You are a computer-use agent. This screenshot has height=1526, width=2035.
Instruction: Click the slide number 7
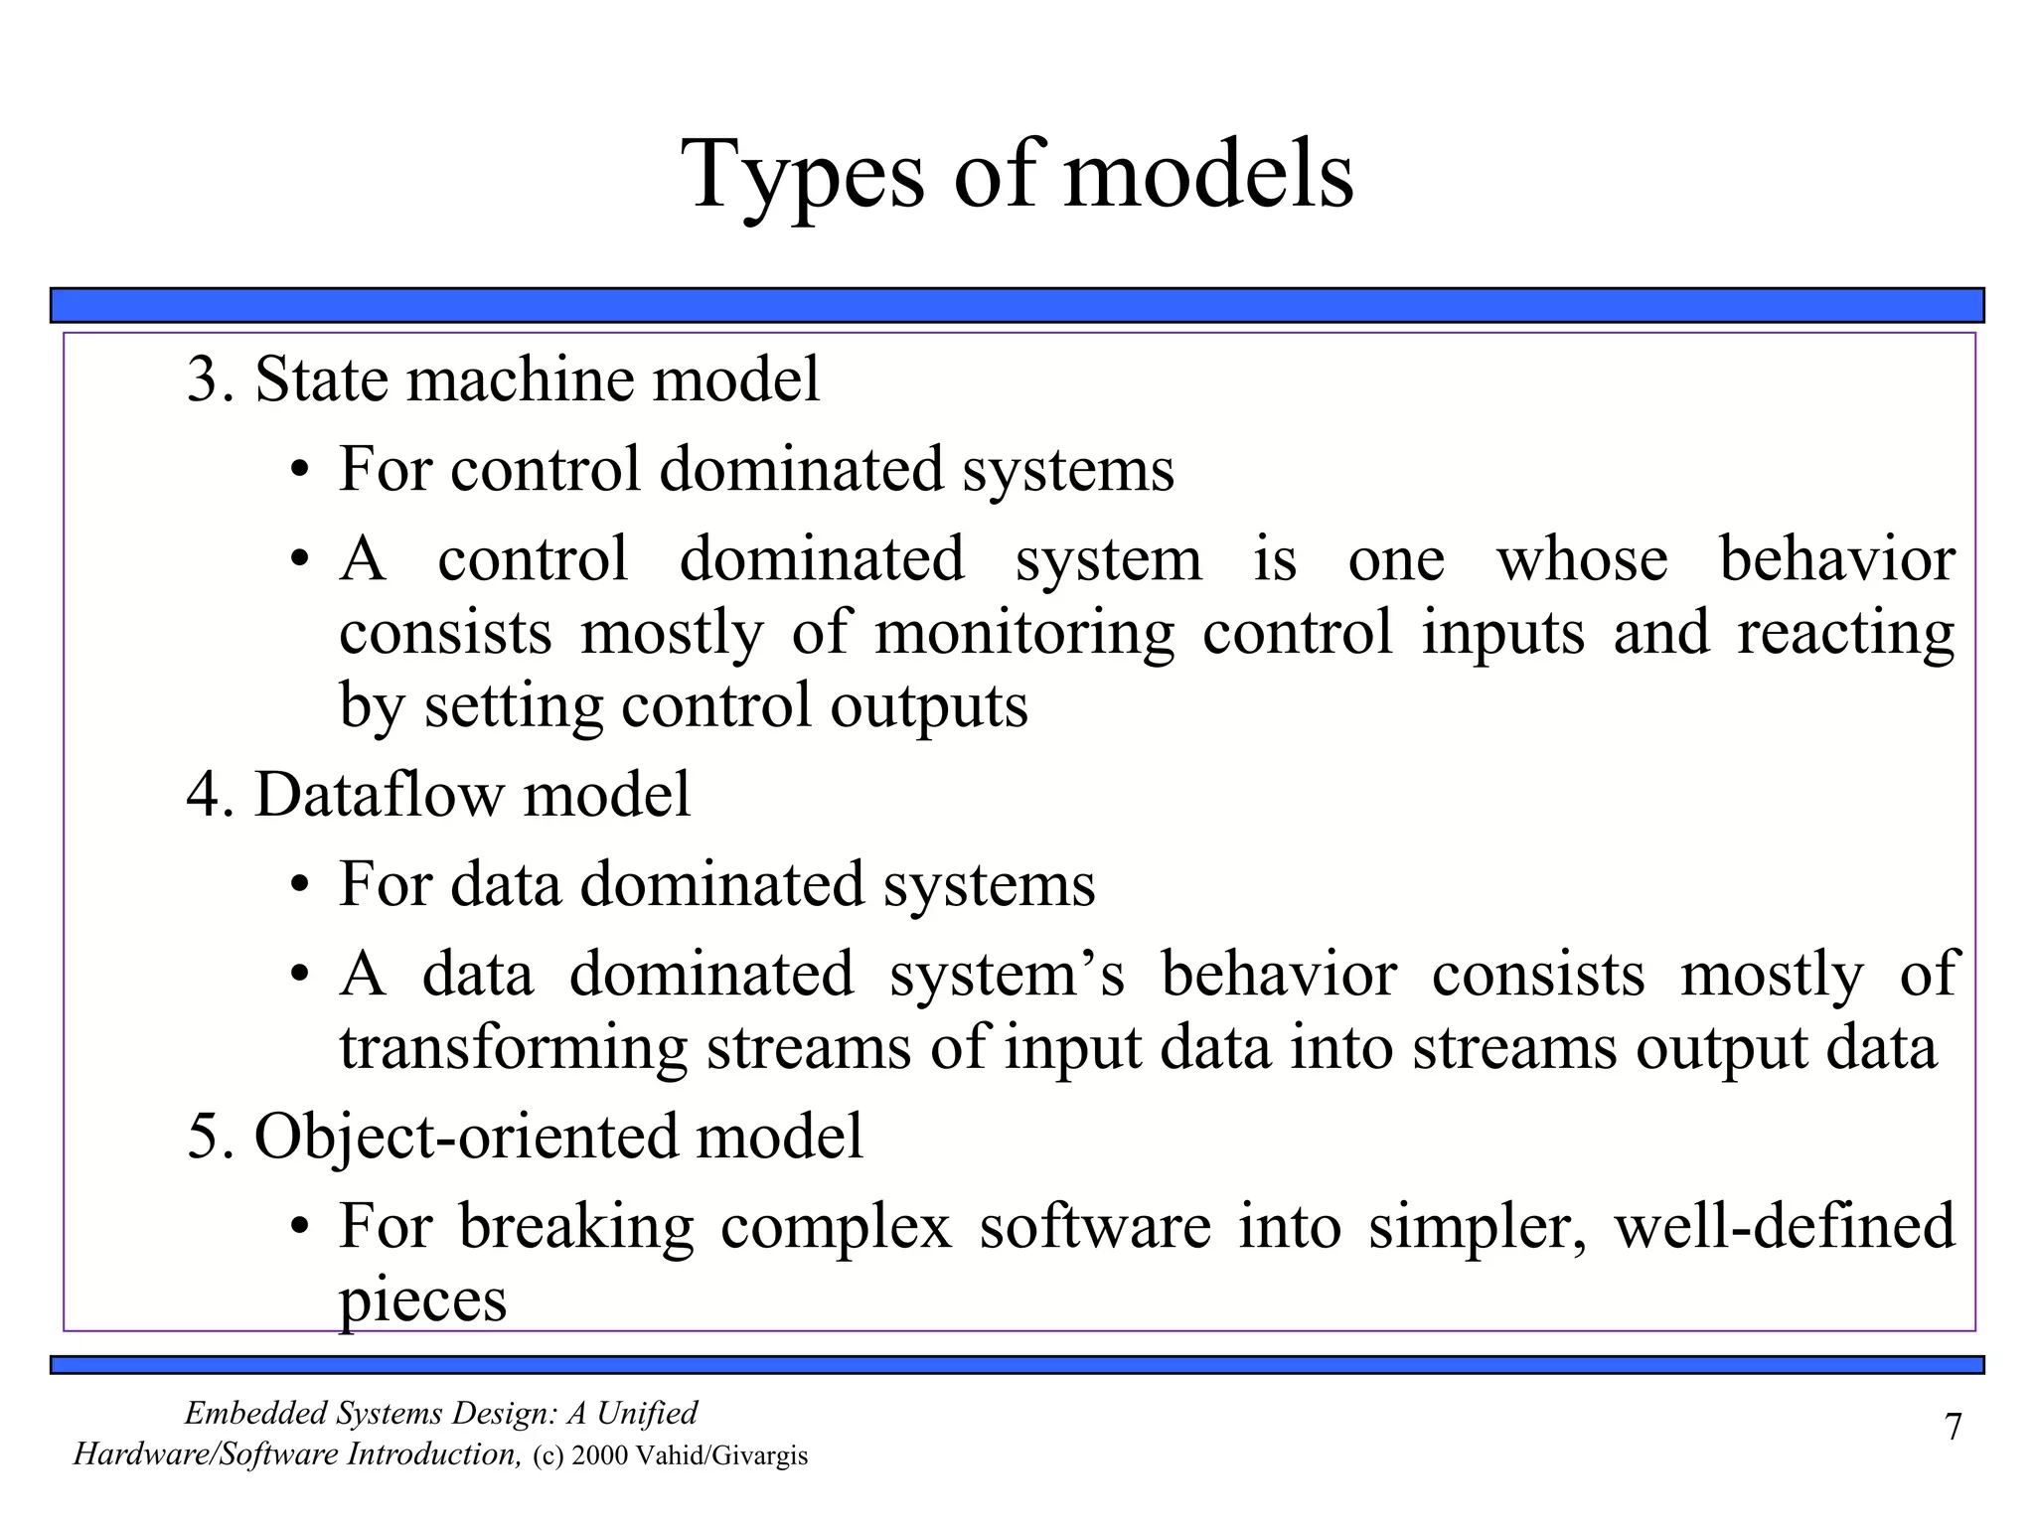[1953, 1428]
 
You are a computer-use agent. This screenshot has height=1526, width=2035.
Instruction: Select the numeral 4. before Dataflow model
[210, 795]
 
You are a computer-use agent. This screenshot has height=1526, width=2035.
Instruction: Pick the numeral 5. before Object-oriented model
[210, 1136]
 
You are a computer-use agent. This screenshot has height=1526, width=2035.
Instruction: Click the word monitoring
[1023, 635]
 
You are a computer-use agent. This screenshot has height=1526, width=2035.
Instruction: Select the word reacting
[1845, 635]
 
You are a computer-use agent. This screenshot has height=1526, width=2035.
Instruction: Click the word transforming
[513, 1048]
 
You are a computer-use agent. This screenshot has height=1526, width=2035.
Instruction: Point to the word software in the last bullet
[1094, 1227]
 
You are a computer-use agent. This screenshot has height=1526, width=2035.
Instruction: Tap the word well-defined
[1784, 1225]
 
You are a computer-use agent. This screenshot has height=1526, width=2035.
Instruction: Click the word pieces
[422, 1301]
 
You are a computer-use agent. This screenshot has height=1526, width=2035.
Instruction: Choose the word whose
[1582, 559]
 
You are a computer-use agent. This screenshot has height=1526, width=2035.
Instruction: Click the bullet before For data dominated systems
[298, 886]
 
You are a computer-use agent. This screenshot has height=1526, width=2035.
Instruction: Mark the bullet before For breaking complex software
[298, 1228]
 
